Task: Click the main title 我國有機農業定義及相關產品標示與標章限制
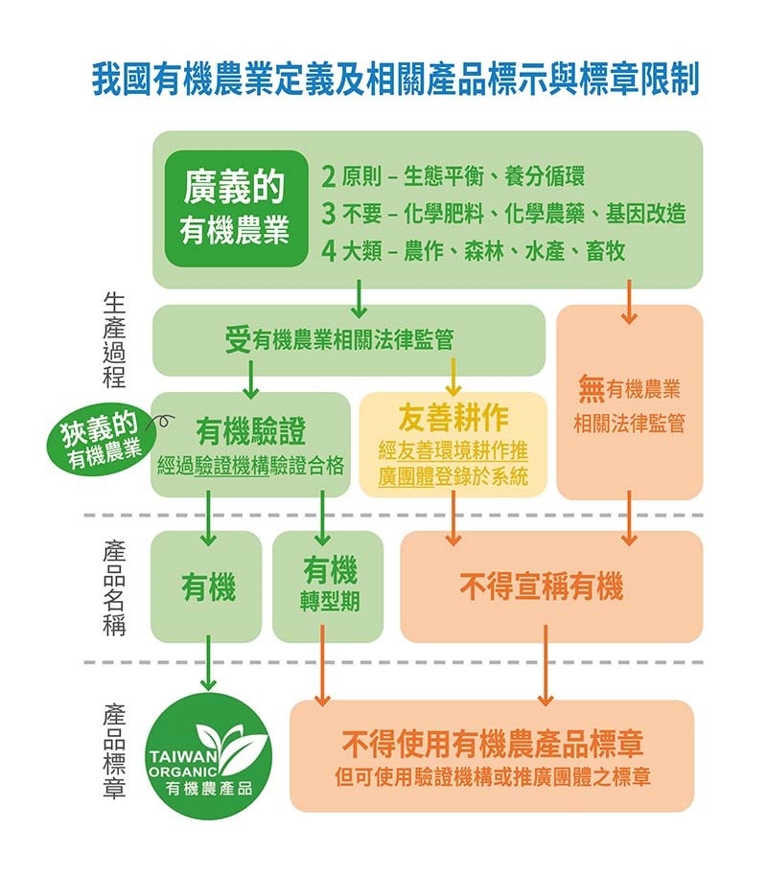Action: click(396, 80)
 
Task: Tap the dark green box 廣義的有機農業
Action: click(236, 208)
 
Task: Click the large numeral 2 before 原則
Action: click(329, 177)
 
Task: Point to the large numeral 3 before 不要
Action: click(329, 214)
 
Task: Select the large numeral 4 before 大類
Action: click(329, 251)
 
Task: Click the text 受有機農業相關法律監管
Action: click(338, 339)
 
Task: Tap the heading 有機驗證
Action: click(250, 431)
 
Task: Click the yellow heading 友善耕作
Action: click(453, 418)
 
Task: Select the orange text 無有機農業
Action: click(629, 389)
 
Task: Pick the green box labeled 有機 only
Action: click(206, 587)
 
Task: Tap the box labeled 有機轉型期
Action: click(328, 587)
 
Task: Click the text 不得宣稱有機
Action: click(542, 587)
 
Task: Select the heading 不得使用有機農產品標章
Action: click(493, 744)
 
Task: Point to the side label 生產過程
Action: click(114, 340)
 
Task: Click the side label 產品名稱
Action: click(114, 587)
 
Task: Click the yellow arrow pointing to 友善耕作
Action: click(453, 377)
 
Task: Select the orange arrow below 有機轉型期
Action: click(323, 665)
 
